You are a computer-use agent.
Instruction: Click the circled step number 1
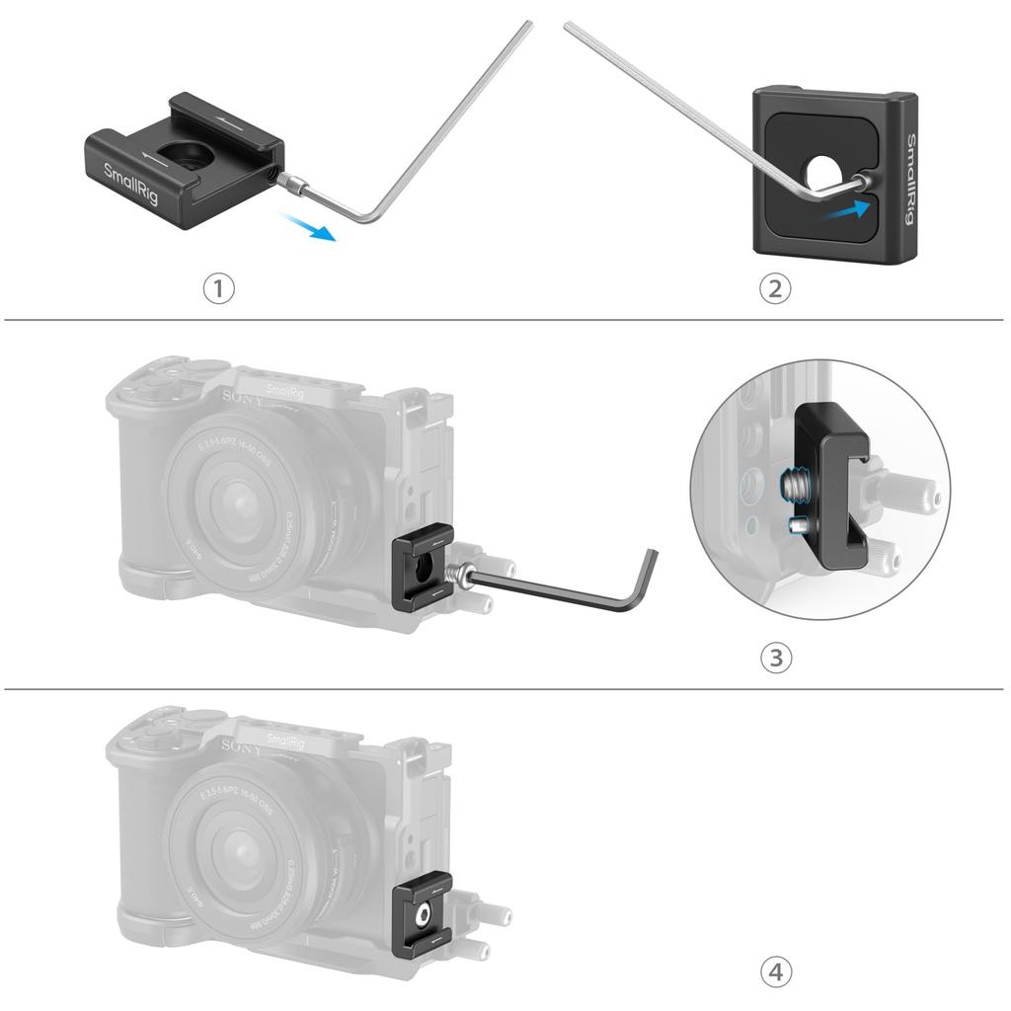[219, 289]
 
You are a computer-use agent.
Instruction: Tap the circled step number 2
[775, 288]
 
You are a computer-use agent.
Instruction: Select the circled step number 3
[775, 658]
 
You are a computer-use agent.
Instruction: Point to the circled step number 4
[775, 972]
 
